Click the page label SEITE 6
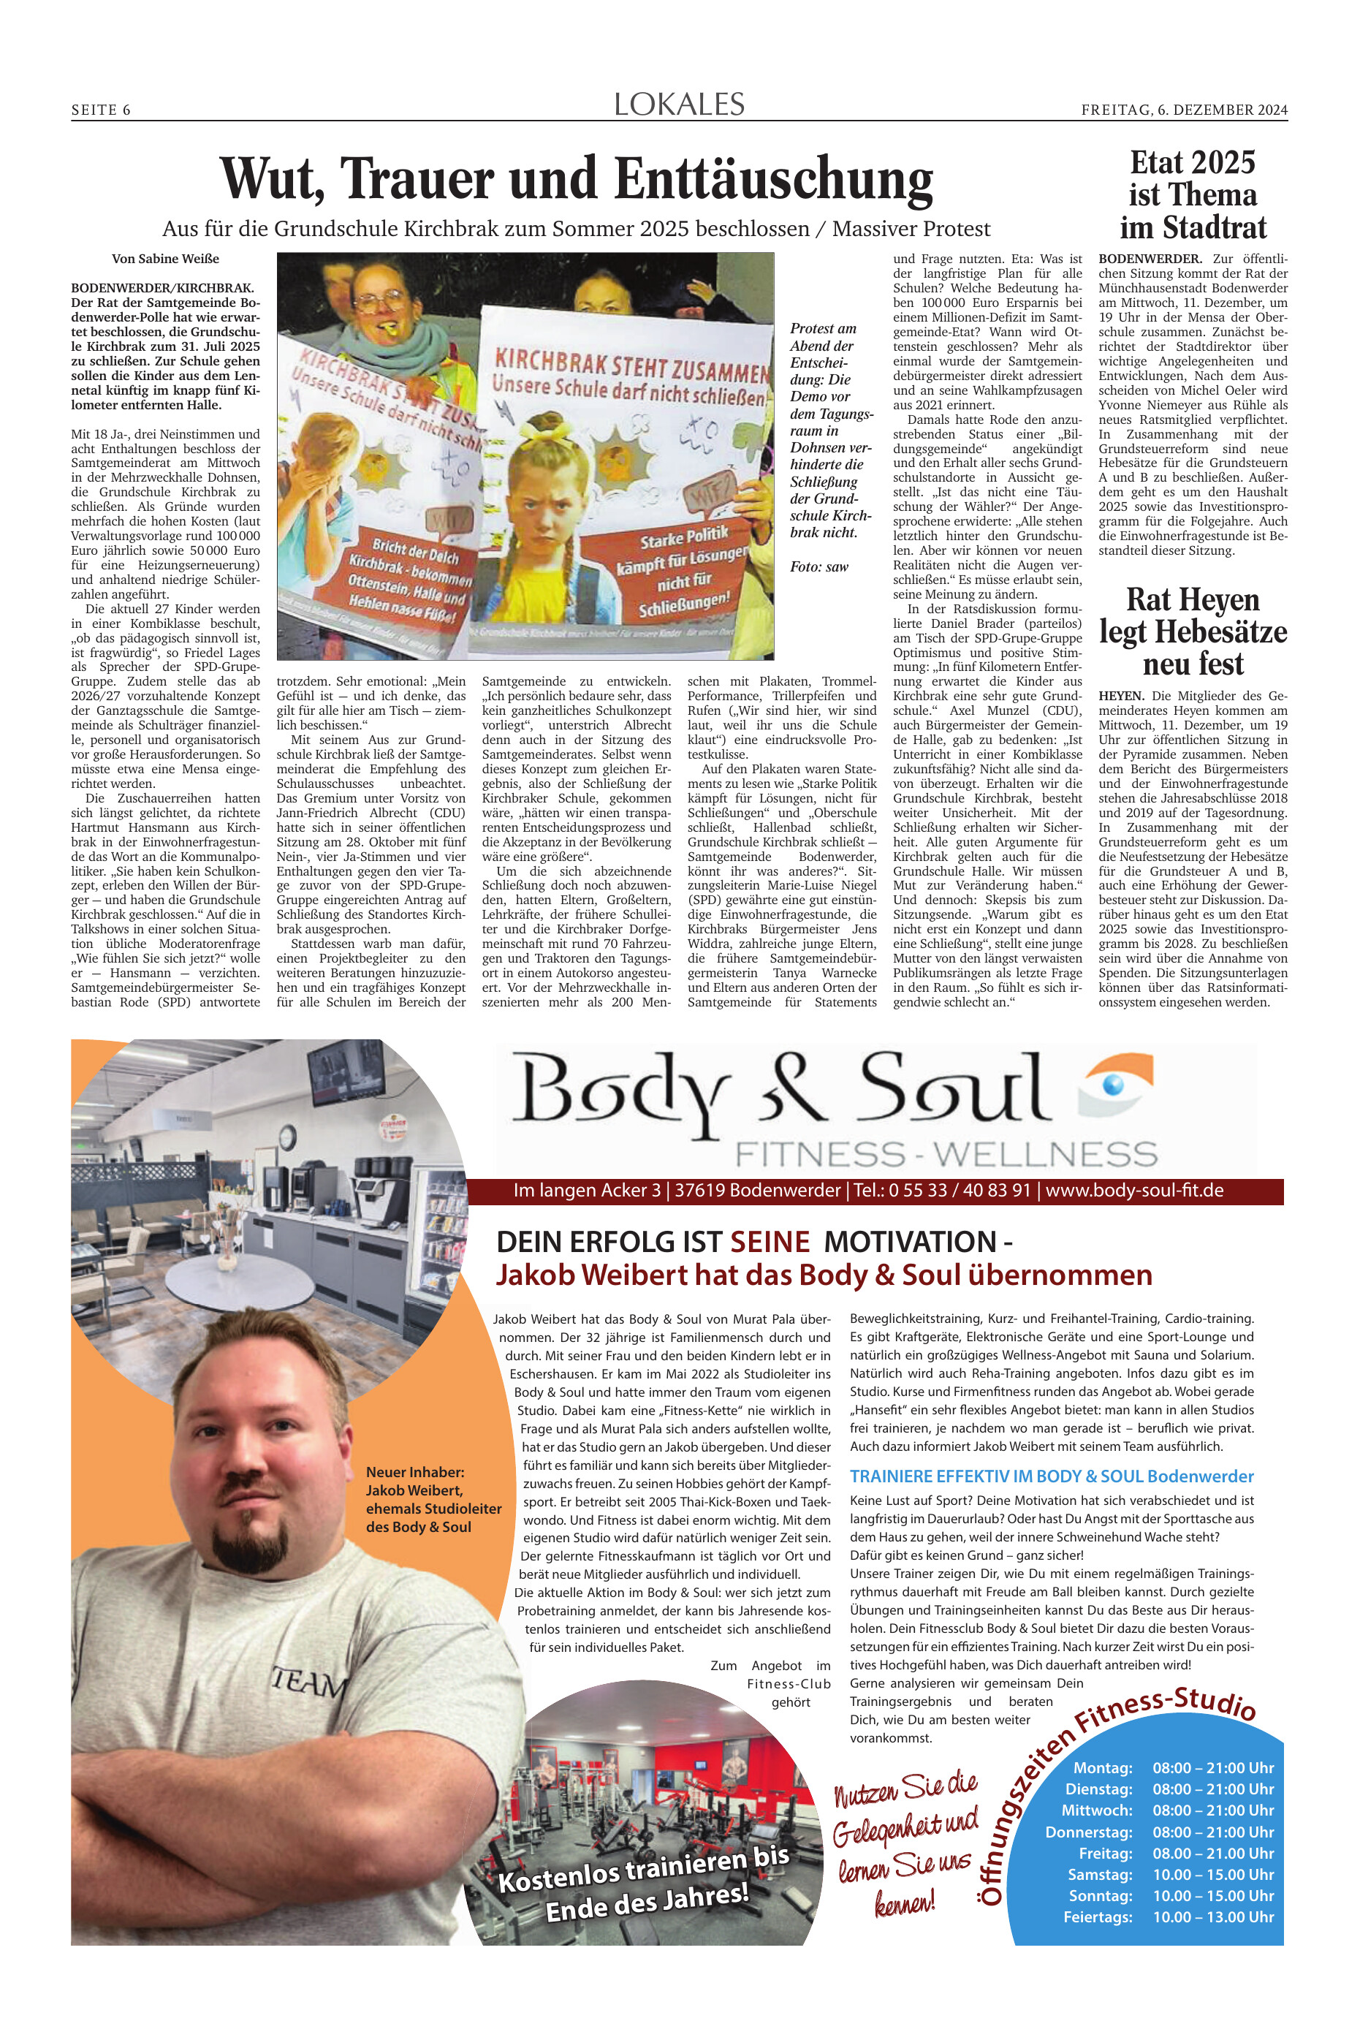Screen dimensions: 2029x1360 point(101,110)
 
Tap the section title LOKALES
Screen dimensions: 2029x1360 point(679,105)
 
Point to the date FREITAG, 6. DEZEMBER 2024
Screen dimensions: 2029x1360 point(1184,110)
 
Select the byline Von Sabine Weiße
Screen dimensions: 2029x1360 point(166,259)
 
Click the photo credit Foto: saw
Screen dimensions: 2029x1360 point(818,566)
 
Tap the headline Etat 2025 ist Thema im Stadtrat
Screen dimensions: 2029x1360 point(1193,195)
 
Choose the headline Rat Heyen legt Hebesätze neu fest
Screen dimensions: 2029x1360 point(1193,632)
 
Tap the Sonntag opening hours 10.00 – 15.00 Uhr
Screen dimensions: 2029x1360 point(1212,1895)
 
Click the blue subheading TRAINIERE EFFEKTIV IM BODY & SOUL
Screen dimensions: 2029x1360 point(997,1476)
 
